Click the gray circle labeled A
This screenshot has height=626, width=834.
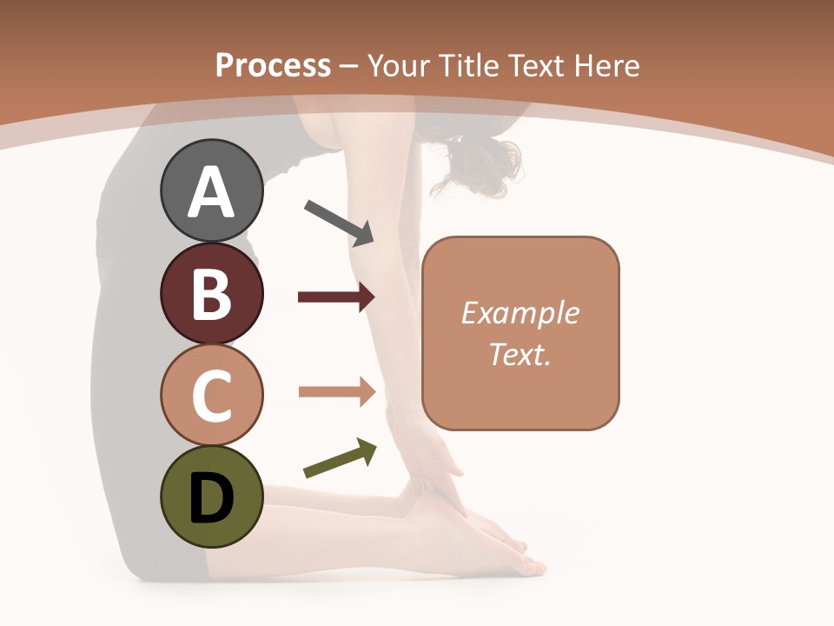tap(211, 190)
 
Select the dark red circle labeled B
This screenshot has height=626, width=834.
tap(211, 293)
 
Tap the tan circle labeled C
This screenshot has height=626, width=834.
tap(211, 395)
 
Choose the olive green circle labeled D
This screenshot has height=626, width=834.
tap(211, 496)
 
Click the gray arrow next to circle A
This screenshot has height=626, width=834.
tap(339, 221)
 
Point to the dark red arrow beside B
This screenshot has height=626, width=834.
tap(336, 297)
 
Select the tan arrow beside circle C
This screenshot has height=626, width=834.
tap(336, 391)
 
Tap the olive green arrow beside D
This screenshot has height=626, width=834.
tap(340, 458)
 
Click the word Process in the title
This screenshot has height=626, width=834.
tap(273, 65)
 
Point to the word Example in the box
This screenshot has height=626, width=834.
tap(520, 313)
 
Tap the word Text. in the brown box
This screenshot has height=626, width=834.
tap(520, 354)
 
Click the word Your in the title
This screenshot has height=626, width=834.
tap(396, 65)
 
